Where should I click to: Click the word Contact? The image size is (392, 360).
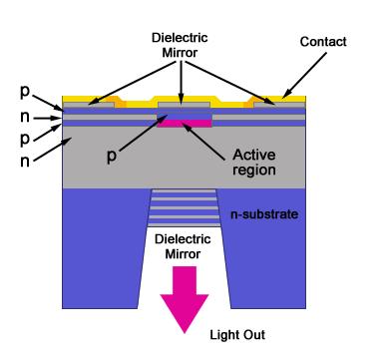pos(323,42)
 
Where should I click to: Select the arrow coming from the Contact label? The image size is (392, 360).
pos(304,76)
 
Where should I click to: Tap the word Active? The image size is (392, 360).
pos(254,155)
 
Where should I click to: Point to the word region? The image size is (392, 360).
pos(254,170)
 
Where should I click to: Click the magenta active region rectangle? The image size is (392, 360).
pos(185,124)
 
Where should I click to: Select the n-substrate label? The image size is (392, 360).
pos(264,214)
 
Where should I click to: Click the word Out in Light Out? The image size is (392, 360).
pos(253,335)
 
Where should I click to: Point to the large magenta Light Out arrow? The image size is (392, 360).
pos(185,299)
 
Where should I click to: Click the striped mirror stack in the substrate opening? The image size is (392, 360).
pos(184,208)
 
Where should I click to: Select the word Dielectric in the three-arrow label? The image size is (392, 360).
pos(180,38)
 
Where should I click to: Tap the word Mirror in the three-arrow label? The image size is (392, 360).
pos(180,53)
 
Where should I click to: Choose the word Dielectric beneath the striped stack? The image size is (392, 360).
pos(183,239)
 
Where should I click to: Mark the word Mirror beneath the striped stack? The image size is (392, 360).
pos(183,254)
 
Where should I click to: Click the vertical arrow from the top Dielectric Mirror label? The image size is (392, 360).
pos(181,83)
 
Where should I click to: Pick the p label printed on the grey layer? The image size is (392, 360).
pos(112,156)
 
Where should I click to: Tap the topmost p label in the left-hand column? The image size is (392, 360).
pos(25,92)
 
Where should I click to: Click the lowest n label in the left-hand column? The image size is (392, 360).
pos(25,162)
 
